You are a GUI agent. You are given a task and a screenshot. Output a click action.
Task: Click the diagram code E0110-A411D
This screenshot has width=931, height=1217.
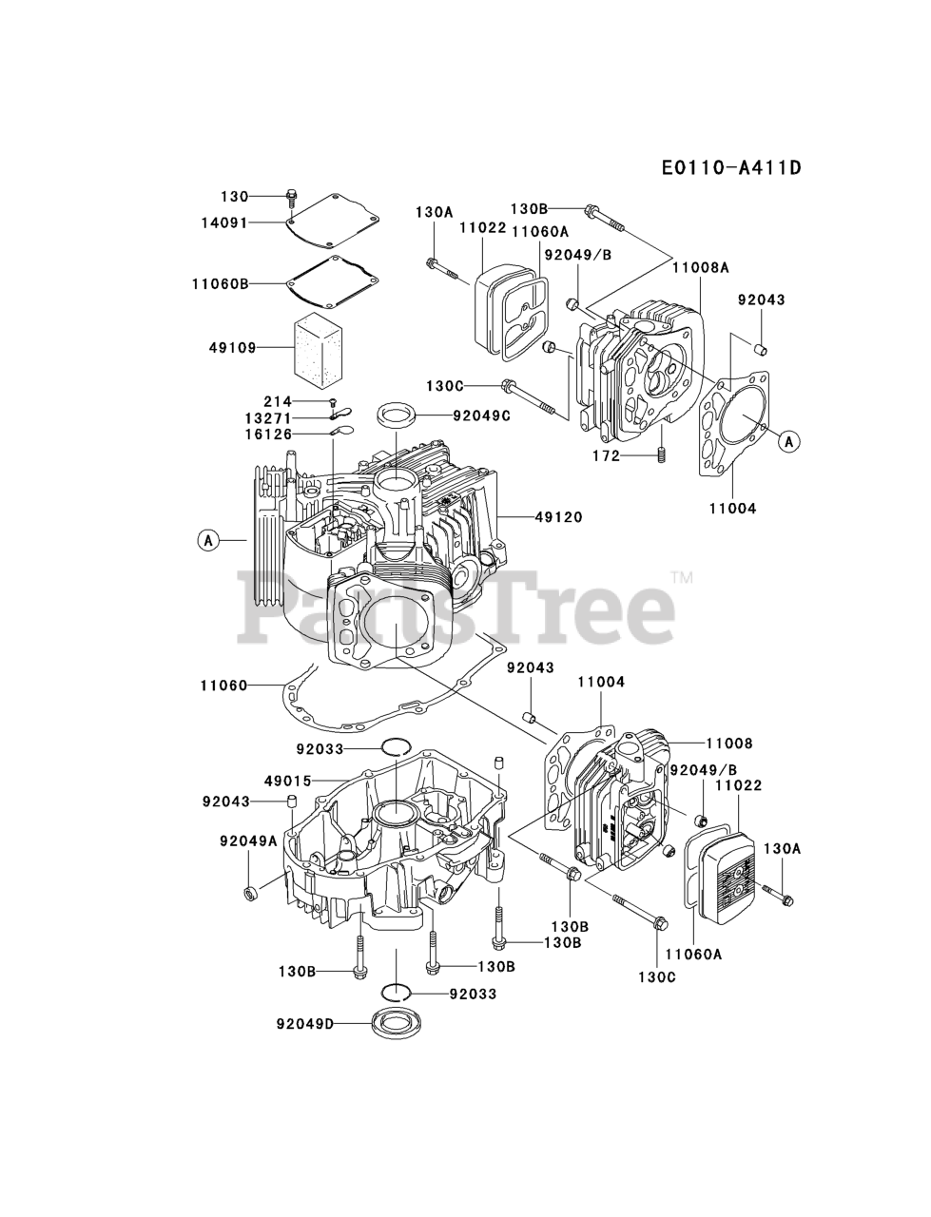[717, 168]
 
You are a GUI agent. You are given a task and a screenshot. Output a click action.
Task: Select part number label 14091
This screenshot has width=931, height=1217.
[224, 223]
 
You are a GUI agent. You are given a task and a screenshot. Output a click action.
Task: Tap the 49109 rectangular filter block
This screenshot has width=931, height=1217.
[320, 348]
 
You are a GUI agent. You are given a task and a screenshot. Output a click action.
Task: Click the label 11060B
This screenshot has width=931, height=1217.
[220, 282]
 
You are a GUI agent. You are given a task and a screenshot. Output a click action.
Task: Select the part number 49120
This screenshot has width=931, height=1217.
[558, 516]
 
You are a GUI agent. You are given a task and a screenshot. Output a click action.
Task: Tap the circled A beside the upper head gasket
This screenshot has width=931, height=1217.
[788, 440]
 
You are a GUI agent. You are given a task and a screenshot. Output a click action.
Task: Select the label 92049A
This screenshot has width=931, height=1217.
[248, 840]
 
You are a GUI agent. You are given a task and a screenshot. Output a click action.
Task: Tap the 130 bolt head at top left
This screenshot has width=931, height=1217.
[290, 199]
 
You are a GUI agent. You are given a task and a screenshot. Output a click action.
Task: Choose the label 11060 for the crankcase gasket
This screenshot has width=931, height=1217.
[224, 685]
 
